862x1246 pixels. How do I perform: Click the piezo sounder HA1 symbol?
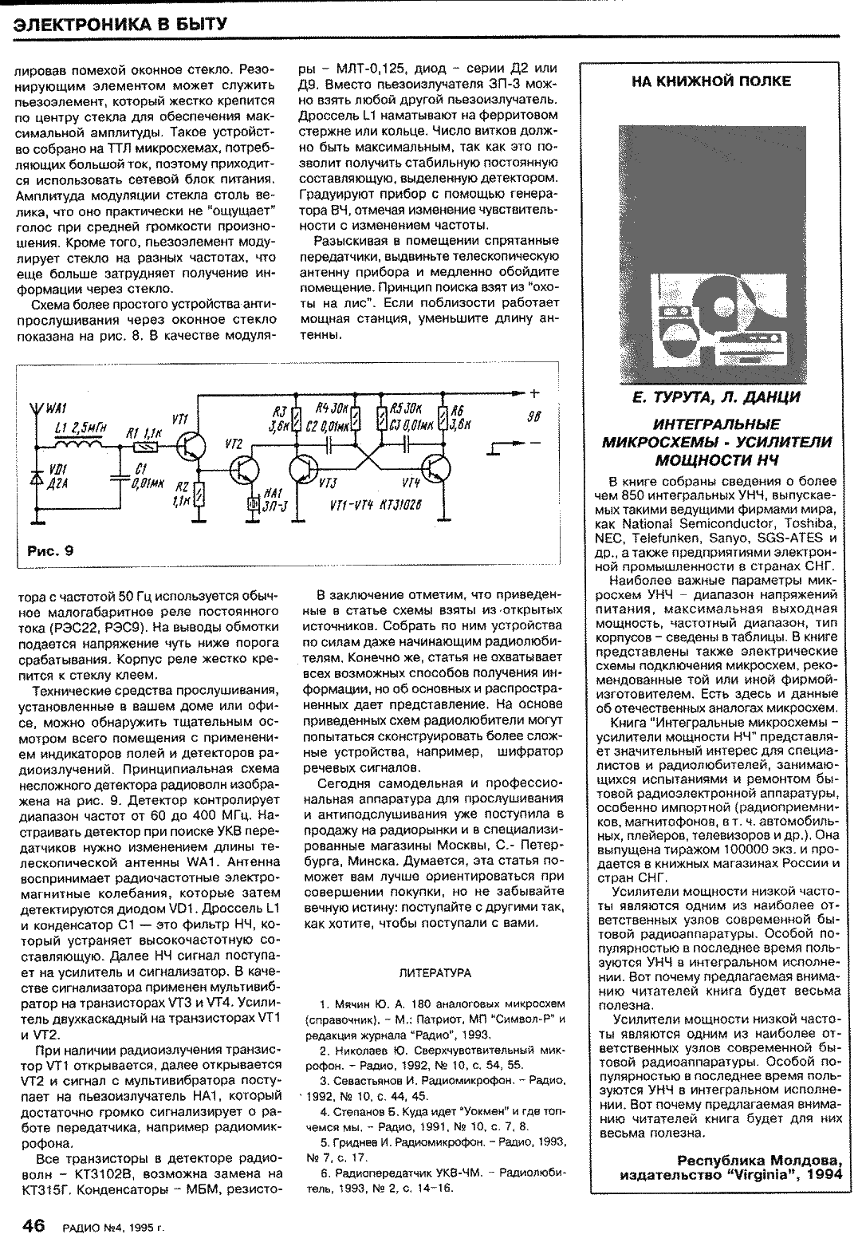251,503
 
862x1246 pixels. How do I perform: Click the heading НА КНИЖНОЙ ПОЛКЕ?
711,81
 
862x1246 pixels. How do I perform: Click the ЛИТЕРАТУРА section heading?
435,973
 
